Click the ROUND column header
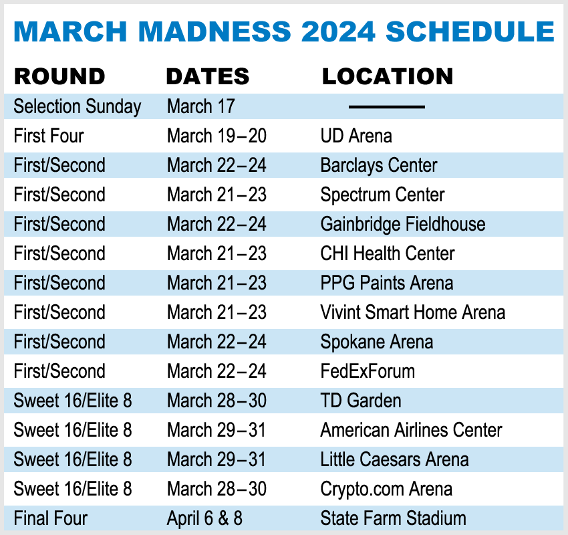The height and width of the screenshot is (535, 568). tap(59, 76)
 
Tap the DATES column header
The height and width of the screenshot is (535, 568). tap(208, 76)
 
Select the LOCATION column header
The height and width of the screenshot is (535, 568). tap(388, 76)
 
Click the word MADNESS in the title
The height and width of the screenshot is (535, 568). tap(215, 31)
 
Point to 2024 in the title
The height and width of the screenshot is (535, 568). tap(338, 31)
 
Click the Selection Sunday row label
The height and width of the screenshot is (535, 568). tap(77, 107)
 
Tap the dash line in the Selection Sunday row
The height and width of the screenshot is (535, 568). tap(387, 107)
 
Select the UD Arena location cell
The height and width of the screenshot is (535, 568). tap(356, 136)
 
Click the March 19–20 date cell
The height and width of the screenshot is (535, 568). tap(217, 136)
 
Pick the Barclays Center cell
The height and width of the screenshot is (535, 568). tap(379, 166)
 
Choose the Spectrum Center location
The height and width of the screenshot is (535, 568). tap(382, 195)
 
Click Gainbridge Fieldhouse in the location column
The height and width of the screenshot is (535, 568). tap(403, 225)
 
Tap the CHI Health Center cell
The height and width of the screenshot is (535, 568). tap(388, 253)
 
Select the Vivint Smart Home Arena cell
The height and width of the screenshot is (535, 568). tap(413, 312)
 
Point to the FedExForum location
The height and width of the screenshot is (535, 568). tap(368, 371)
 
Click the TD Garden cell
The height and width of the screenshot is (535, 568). tap(361, 401)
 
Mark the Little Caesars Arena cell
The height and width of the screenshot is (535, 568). tap(394, 459)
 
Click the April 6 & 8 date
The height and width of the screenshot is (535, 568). tap(204, 518)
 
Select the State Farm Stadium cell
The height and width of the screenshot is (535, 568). tap(394, 518)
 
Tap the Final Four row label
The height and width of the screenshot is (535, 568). tap(51, 518)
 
